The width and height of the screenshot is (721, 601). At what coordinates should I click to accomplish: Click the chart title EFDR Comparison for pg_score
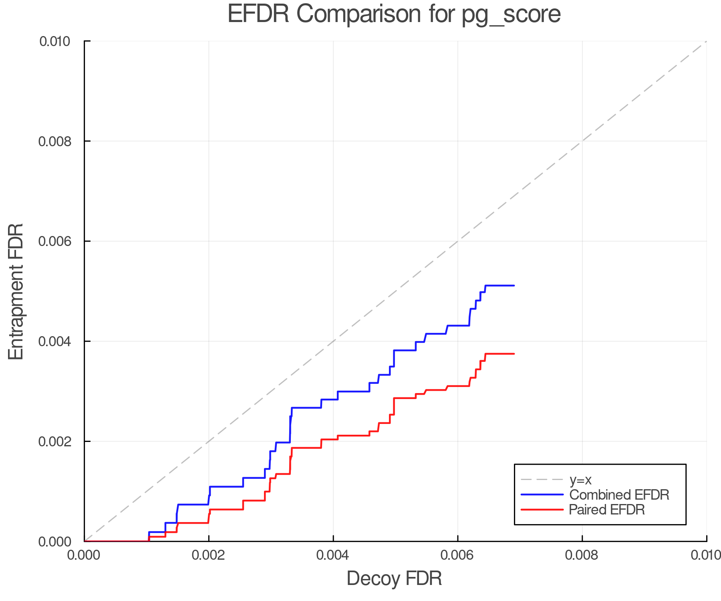click(394, 14)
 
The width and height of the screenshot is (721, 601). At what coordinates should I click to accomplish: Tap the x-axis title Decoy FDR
click(394, 579)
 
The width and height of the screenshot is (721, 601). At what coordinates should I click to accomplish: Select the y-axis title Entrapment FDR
click(16, 291)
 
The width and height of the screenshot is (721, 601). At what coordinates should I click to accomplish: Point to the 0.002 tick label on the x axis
click(208, 555)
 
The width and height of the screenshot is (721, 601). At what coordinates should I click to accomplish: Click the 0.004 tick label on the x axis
click(333, 555)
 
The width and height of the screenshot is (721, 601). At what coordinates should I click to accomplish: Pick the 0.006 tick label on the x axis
click(457, 555)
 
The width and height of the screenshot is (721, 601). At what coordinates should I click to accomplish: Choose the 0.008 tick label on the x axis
click(582, 555)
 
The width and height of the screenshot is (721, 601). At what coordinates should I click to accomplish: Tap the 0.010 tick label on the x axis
click(706, 555)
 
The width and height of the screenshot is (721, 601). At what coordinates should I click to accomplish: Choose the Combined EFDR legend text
click(619, 495)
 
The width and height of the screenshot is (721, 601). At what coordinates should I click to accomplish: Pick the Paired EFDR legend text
click(607, 510)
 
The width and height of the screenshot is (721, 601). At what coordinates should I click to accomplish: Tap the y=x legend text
click(580, 480)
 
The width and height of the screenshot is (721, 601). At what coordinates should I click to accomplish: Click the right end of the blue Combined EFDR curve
click(514, 286)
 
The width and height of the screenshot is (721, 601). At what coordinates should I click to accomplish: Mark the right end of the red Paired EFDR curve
click(514, 354)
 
